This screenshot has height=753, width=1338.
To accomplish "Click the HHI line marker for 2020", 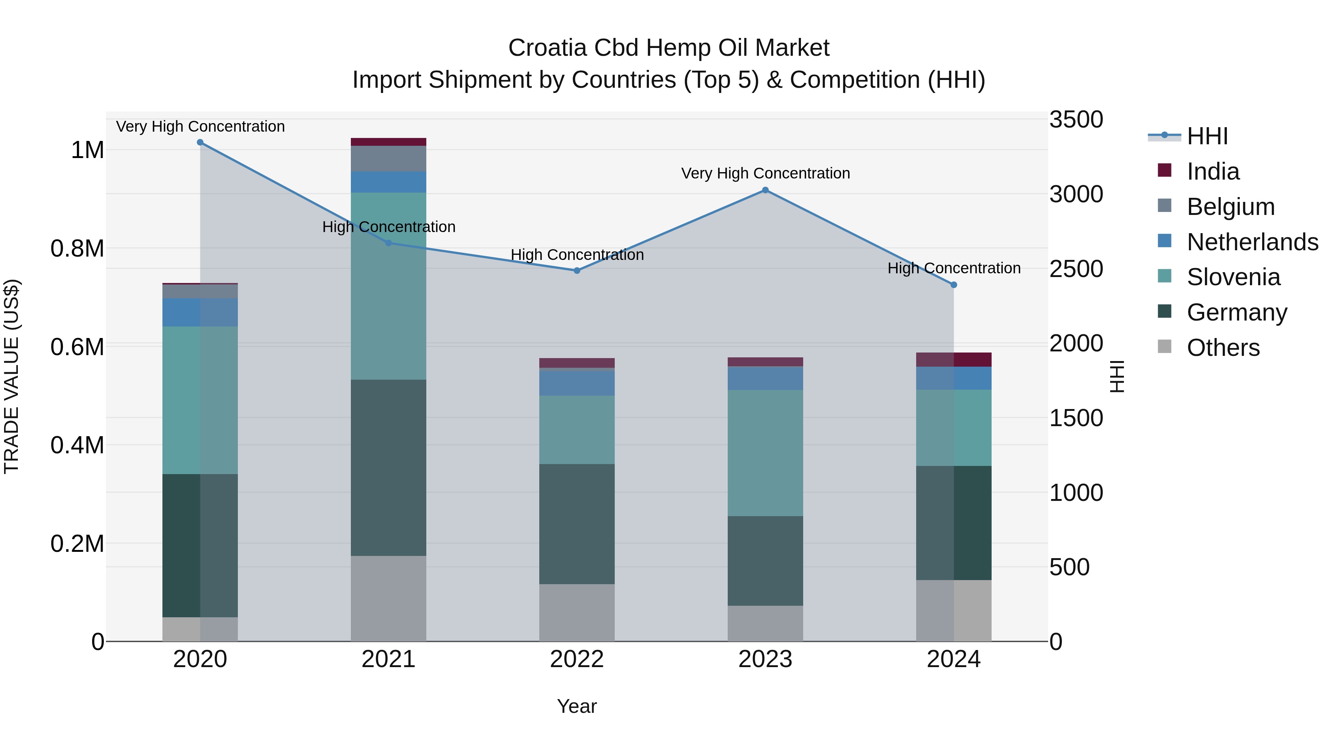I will [x=200, y=142].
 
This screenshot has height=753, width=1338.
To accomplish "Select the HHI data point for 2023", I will [x=765, y=190].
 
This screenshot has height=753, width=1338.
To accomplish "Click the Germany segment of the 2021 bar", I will [x=388, y=468].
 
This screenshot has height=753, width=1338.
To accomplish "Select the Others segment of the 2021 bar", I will [x=388, y=598].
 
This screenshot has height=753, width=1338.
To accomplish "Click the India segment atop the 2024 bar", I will [x=954, y=360].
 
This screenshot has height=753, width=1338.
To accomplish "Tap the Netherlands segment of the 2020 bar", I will [x=200, y=312].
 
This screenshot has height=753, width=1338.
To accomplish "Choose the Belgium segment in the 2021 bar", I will [x=388, y=158].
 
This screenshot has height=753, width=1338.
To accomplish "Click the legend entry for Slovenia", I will [x=1233, y=277].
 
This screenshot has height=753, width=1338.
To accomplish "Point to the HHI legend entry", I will [x=1207, y=136].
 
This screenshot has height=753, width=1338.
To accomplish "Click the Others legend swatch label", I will [x=1223, y=348].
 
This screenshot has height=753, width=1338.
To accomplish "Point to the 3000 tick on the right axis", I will [x=1076, y=194].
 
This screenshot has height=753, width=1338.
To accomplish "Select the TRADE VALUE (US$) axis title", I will [x=12, y=376].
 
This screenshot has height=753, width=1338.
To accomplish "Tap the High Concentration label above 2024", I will [x=954, y=268].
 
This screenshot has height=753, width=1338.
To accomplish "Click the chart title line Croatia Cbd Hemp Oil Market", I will [x=669, y=48].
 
